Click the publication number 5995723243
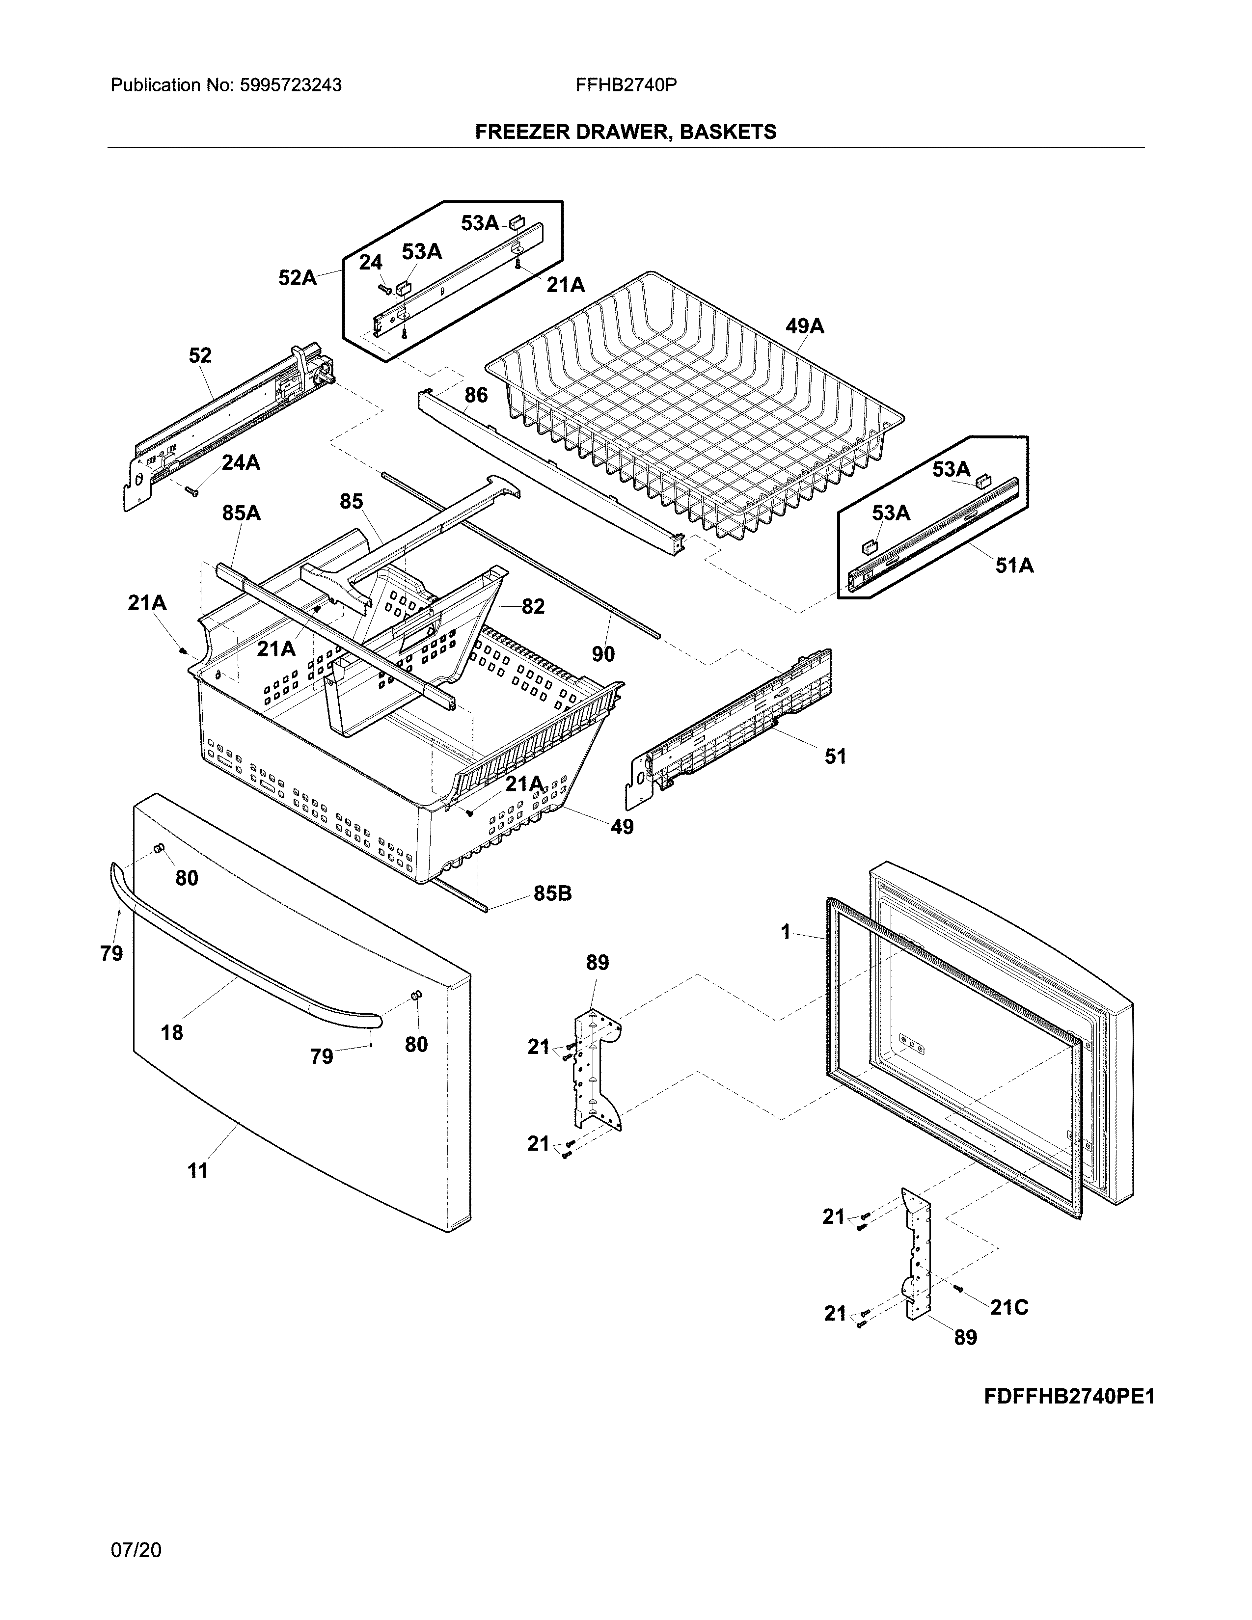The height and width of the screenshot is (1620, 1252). click(290, 85)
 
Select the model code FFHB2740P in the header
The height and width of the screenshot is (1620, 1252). click(625, 85)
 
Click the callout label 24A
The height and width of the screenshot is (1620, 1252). click(241, 463)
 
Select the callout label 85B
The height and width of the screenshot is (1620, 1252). click(552, 894)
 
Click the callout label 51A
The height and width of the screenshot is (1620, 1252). click(1014, 566)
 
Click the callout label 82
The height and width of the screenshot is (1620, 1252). click(533, 607)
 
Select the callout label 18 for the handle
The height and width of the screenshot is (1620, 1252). click(171, 1032)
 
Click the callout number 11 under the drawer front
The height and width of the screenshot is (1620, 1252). click(197, 1170)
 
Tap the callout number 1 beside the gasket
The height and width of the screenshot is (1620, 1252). click(786, 932)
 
